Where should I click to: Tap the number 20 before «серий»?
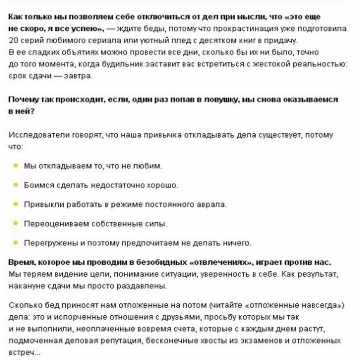point(13,40)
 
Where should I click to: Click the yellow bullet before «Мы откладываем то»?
point(15,165)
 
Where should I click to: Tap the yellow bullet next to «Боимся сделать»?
point(15,184)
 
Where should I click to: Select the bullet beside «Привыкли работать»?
point(15,204)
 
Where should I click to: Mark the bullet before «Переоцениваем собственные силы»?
point(15,223)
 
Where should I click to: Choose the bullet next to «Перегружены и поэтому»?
point(15,243)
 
